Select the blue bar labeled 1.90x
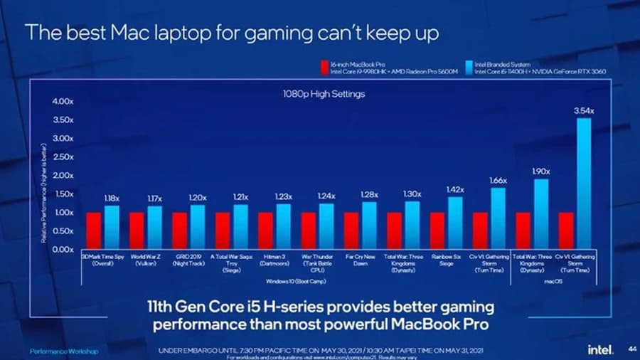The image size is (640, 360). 541,213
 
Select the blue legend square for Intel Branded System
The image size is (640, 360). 468,67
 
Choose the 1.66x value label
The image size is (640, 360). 498,181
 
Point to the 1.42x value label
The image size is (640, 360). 455,190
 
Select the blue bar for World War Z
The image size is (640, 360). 154,228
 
